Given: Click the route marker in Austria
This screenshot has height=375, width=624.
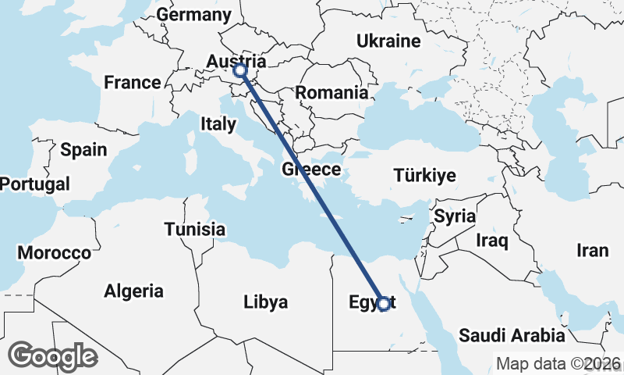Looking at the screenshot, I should point(240,71).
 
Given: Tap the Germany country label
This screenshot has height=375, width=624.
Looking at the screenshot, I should point(194,15).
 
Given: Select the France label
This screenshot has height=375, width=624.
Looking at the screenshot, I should point(133,82).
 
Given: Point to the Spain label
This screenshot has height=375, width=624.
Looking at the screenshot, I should point(83,149).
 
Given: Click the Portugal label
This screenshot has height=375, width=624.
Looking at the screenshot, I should point(35,184).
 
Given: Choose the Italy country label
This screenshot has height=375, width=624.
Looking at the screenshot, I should point(218,123).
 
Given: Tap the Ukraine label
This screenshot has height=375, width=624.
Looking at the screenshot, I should point(388,41).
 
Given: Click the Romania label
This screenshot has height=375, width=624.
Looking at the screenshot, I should point(331,92).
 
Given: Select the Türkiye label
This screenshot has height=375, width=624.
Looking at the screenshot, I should point(424,174).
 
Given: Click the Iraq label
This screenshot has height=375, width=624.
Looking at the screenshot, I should point(492,240).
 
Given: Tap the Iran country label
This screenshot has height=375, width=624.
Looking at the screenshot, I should point(592,250).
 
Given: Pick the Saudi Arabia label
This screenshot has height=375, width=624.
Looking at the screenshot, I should point(512,336).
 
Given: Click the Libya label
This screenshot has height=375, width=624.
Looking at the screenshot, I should point(265,302).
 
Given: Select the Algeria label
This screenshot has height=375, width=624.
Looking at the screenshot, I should point(134,291).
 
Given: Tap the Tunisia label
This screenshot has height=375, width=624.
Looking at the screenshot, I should point(195,229).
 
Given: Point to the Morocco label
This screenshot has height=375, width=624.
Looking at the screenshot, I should point(55,253).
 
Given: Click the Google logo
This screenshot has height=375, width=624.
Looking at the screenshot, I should point(52,356).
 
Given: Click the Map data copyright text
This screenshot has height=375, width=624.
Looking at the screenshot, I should point(559,363).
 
